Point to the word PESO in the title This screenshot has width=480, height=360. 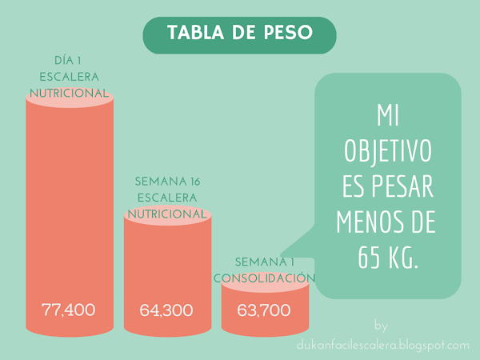click(x=283, y=34)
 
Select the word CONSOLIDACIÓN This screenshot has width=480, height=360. click(x=265, y=278)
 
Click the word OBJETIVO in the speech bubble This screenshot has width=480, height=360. click(x=388, y=152)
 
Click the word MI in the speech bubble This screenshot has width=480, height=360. click(x=388, y=117)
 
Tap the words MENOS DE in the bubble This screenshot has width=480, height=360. click(x=388, y=223)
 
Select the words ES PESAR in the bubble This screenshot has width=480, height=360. click(x=388, y=188)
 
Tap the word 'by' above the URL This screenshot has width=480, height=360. click(x=380, y=326)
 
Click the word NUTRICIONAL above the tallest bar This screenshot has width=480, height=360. click(x=69, y=94)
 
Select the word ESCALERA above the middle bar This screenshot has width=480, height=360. click(x=167, y=198)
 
